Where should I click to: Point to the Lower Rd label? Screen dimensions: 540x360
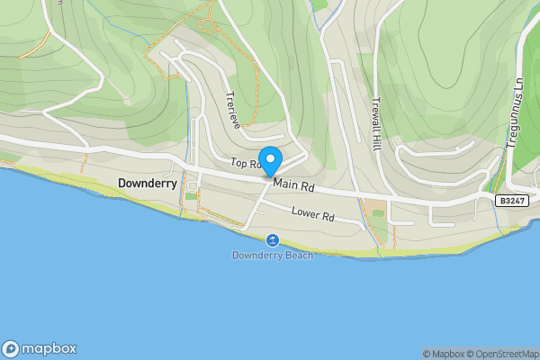pos(313,216)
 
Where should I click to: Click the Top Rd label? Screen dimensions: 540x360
pos(244,164)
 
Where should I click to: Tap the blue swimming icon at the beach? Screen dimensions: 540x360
pos(272,239)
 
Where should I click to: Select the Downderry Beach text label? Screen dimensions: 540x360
pos(272,256)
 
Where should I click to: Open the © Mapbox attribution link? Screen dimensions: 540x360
pos(443,354)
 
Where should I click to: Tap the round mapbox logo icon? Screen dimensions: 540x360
pos(11,349)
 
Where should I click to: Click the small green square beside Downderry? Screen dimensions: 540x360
pos(191,195)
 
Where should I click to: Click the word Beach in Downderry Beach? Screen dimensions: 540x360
pos(298,256)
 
